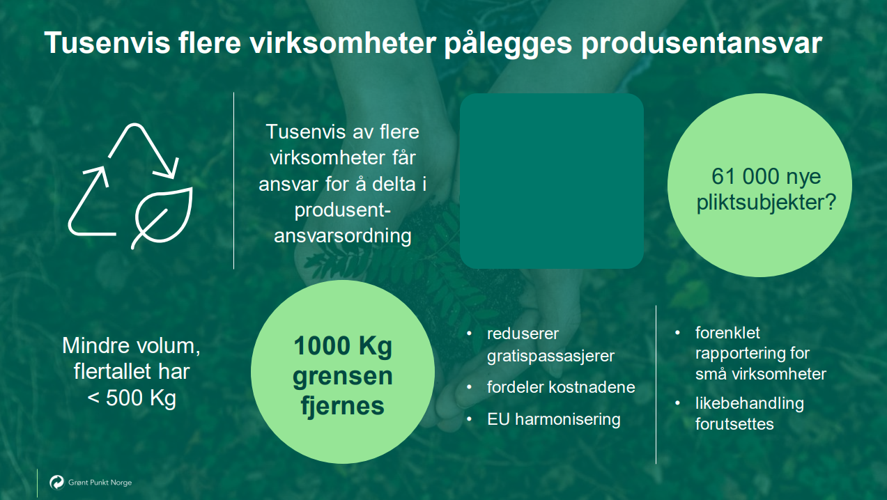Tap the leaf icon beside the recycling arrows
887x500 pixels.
tap(162, 216)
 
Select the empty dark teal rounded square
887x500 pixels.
tap(551, 181)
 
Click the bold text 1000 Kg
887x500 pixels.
tap(343, 346)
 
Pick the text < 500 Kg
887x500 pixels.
tap(132, 400)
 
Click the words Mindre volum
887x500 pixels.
tap(132, 345)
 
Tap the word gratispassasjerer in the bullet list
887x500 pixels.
tap(550, 356)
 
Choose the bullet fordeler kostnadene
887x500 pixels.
tap(561, 387)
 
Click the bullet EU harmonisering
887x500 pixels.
tap(553, 419)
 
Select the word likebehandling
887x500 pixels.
tap(749, 403)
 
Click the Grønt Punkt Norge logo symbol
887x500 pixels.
tap(56, 482)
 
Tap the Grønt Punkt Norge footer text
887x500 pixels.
tap(100, 482)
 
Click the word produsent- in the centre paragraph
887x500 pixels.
tap(343, 210)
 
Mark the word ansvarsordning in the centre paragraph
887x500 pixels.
tap(343, 235)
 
